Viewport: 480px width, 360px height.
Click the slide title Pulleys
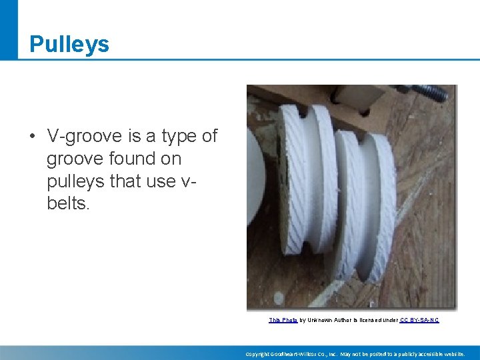69,44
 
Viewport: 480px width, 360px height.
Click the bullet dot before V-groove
31,137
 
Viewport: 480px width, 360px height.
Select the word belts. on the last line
67,203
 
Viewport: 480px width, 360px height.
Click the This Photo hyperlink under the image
283,320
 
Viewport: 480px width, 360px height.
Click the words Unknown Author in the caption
329,320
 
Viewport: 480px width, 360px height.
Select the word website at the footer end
453,354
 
